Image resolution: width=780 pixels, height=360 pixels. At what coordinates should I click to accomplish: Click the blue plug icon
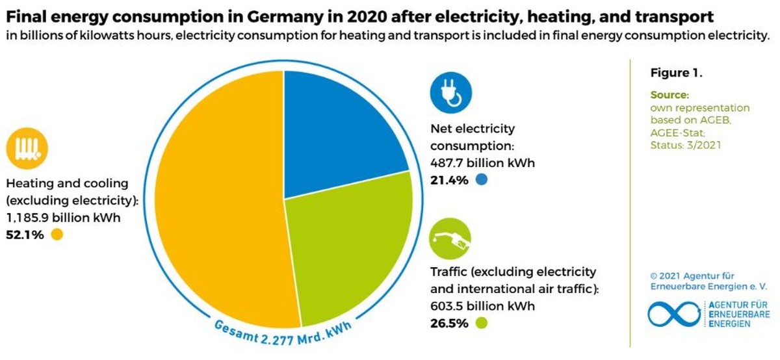450,91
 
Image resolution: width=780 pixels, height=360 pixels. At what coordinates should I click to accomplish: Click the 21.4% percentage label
449,180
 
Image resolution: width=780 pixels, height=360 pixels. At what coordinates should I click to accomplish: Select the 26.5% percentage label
449,323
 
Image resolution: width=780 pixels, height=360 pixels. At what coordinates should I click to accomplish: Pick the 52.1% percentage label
25,235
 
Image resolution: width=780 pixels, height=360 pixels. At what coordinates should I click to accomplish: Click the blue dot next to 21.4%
481,180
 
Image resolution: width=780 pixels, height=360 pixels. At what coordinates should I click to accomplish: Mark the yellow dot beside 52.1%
57,235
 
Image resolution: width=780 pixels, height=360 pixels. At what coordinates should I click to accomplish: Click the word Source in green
668,96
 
